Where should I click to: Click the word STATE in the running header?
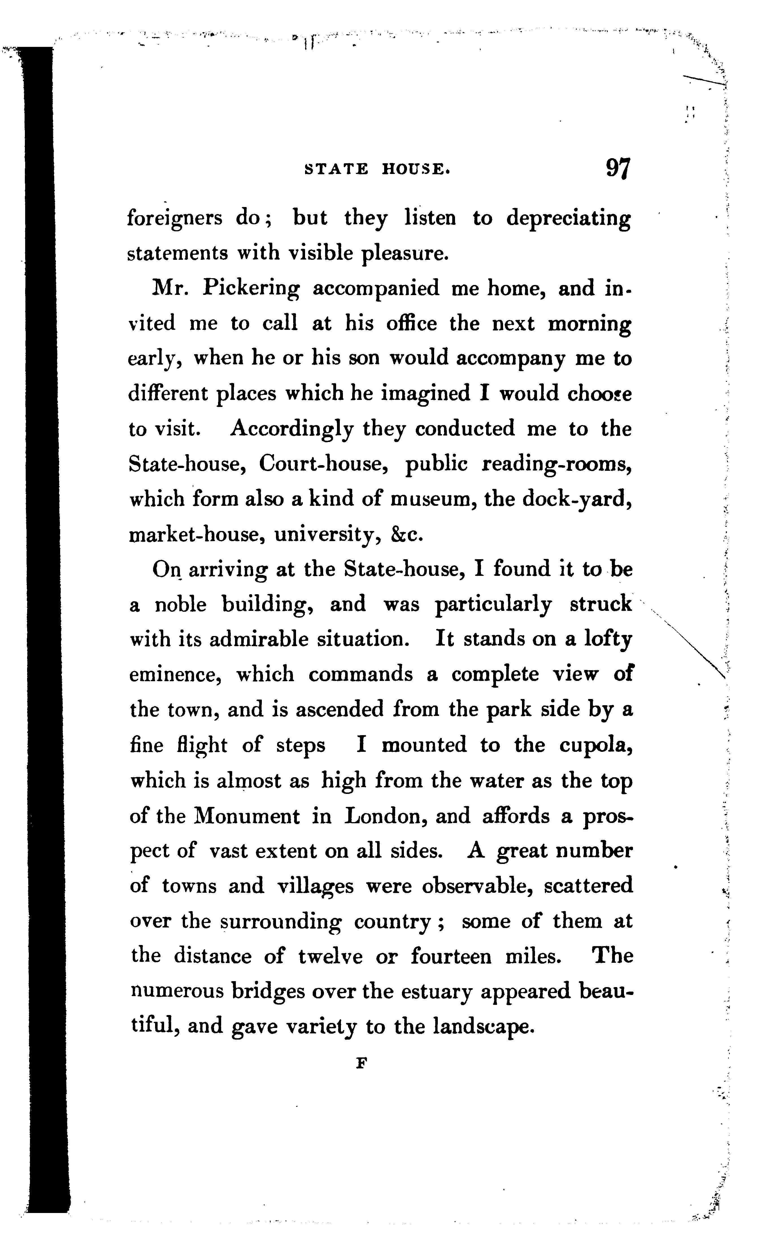336,169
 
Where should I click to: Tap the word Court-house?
324,463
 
